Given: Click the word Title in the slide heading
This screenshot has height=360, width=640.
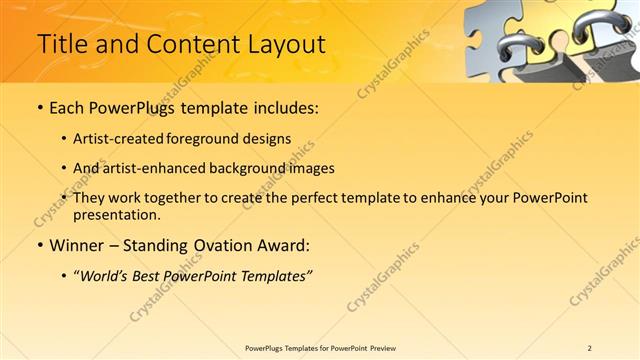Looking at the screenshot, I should [x=58, y=44].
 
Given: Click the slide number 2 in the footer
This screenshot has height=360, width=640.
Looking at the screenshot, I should [x=589, y=348].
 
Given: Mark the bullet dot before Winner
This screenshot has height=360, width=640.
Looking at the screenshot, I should [x=39, y=245].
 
